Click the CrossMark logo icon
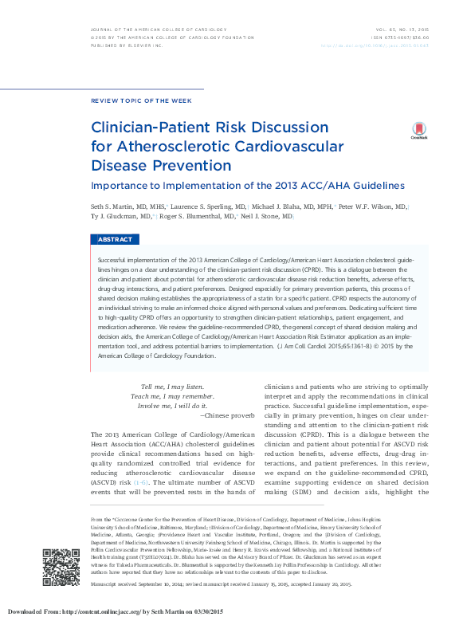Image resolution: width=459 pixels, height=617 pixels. pos(418,131)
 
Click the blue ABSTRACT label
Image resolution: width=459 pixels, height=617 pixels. pos(116,240)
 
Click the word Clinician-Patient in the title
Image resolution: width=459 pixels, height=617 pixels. pos(148,128)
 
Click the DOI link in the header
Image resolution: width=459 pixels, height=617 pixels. pos(386,46)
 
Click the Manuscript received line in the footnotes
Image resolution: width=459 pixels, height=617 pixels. pos(215,584)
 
